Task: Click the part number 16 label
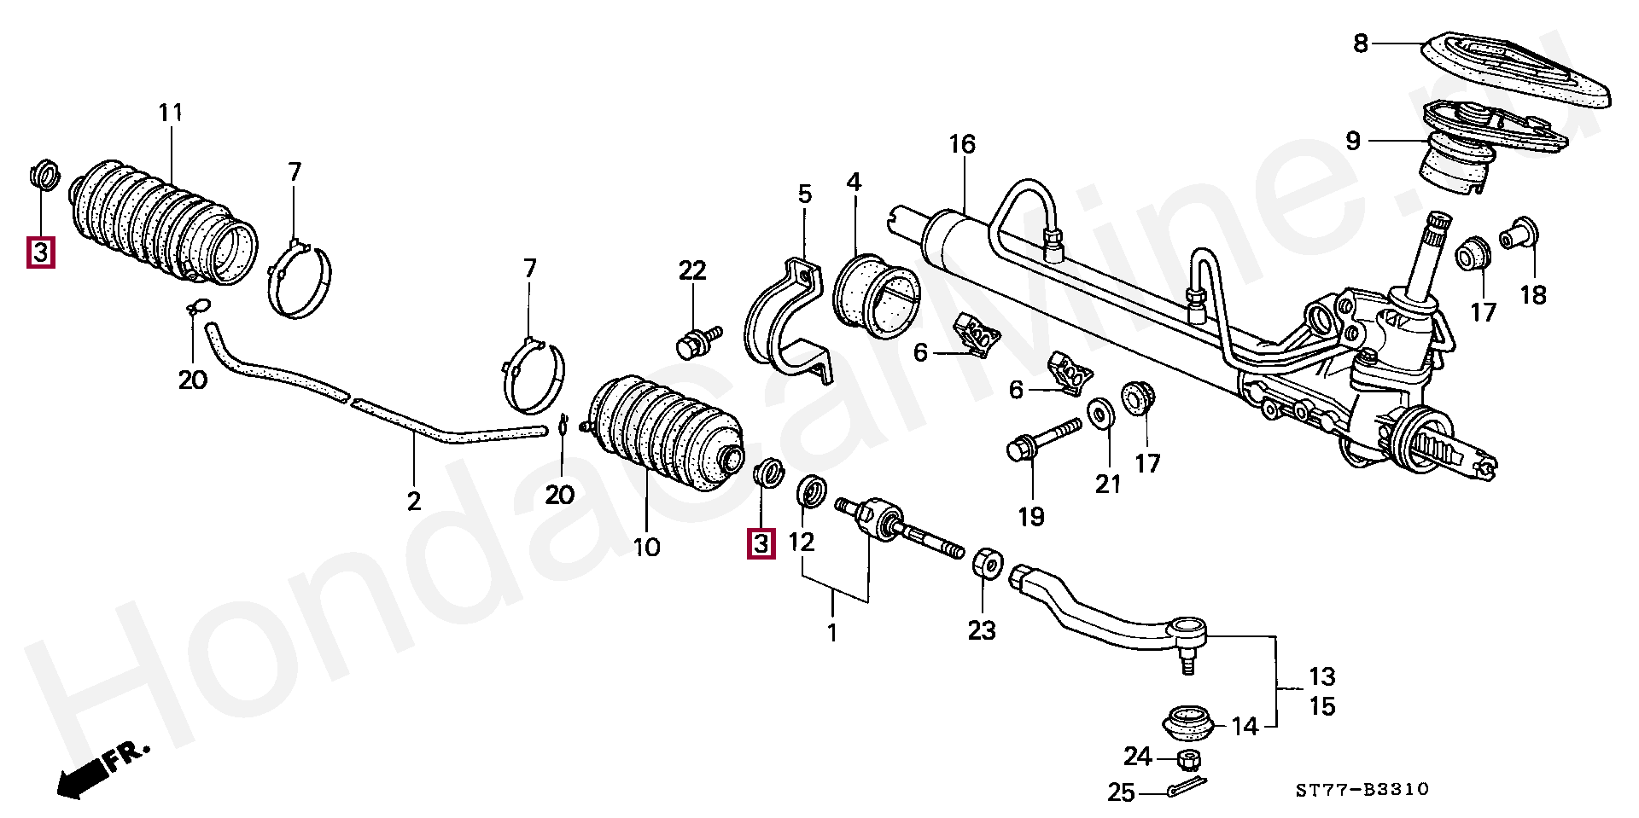pos(962,145)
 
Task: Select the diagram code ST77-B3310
pos(1362,790)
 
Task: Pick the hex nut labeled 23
pos(988,563)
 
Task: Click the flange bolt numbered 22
pos(697,341)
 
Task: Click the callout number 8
pos(1361,44)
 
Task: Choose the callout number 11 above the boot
pos(171,113)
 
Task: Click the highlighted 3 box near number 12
pos(761,543)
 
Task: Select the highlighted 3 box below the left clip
pos(41,252)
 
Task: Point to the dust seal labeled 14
pos(1187,723)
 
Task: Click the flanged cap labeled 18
pos(1518,233)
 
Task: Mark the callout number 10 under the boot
pos(647,547)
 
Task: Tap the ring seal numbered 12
pos(811,492)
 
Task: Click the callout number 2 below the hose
pos(414,501)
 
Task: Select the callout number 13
pos(1321,676)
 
